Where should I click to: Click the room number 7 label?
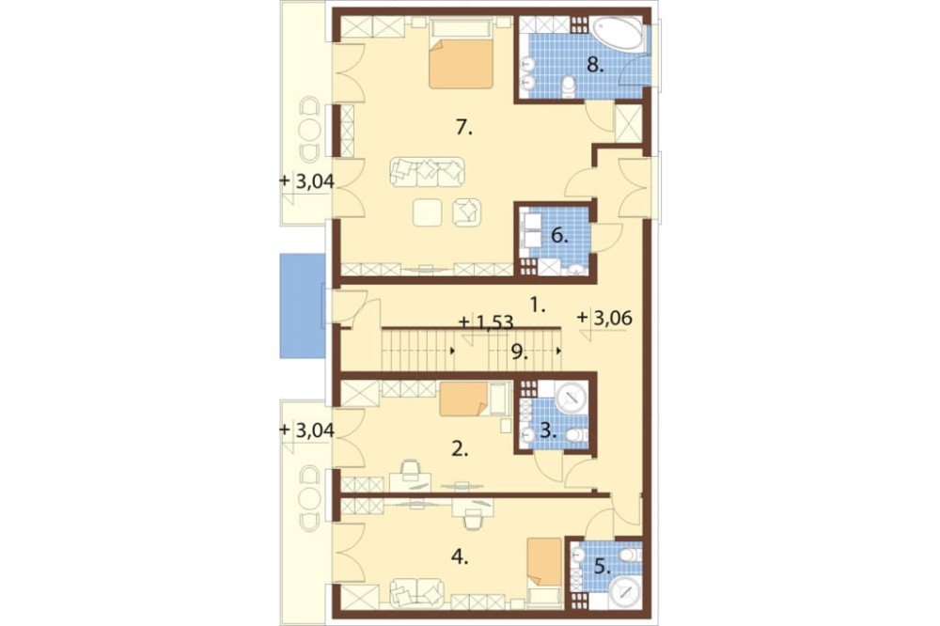(x=463, y=128)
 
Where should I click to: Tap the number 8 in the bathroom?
(x=595, y=65)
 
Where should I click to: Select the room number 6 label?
(x=558, y=236)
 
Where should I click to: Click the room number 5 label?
(x=602, y=567)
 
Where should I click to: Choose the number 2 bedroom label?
(x=460, y=449)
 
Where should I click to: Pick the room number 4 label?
(x=460, y=557)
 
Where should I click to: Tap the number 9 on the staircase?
(x=519, y=352)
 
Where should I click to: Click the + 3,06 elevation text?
(x=604, y=318)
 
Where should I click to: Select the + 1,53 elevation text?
(x=486, y=322)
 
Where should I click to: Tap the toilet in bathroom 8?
(x=569, y=86)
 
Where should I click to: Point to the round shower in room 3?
(x=572, y=397)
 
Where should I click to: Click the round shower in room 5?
(x=625, y=592)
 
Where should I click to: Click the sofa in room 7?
(x=428, y=172)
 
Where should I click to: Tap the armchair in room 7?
(x=467, y=211)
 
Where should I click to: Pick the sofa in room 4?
(x=417, y=592)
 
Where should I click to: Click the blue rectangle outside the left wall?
(x=303, y=305)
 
